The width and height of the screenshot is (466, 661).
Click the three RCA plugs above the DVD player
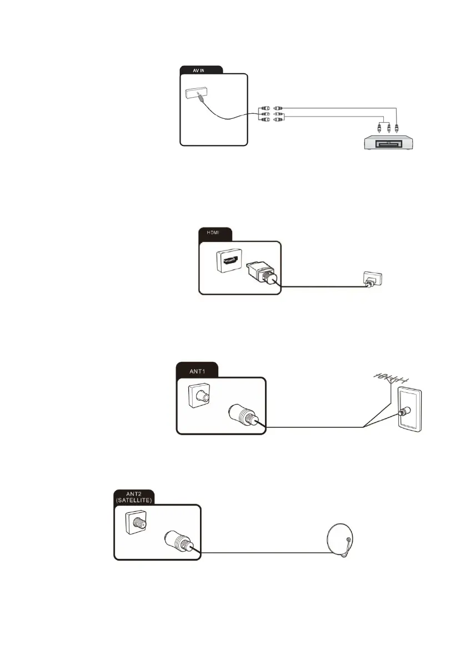(388, 127)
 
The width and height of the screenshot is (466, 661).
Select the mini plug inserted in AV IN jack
(199, 98)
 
